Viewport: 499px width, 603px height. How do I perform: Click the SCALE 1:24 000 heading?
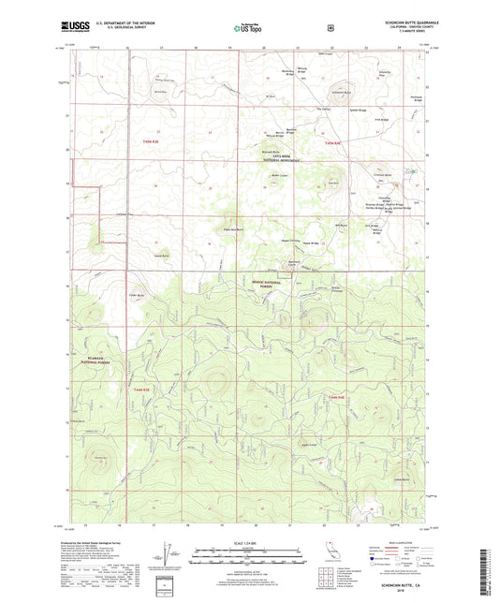pyautogui.click(x=248, y=541)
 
